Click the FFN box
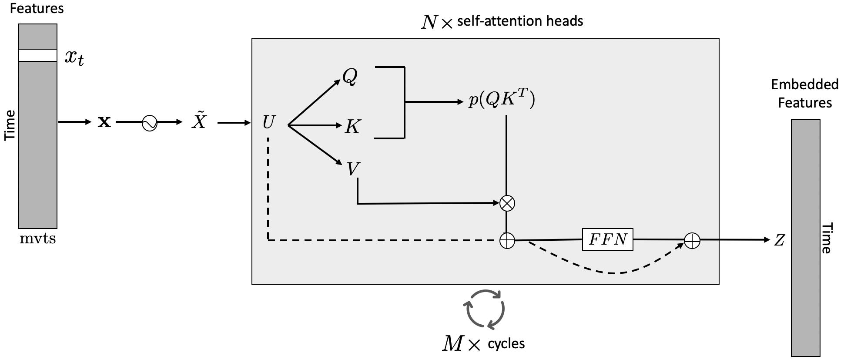tap(607, 239)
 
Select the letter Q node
tap(350, 77)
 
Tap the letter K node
tap(352, 127)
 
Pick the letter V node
tap(353, 169)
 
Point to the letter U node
tap(268, 123)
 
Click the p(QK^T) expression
tap(502, 100)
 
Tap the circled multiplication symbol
tap(507, 203)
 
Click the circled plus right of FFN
tap(692, 240)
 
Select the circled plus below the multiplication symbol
tap(507, 240)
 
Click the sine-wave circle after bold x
tap(150, 123)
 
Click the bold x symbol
tap(104, 122)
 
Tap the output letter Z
tap(779, 240)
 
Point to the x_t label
tap(74, 57)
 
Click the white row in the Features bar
tap(38, 55)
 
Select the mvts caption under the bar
tap(38, 239)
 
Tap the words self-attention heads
tap(520, 21)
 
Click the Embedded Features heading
tap(804, 94)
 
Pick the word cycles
tap(506, 343)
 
